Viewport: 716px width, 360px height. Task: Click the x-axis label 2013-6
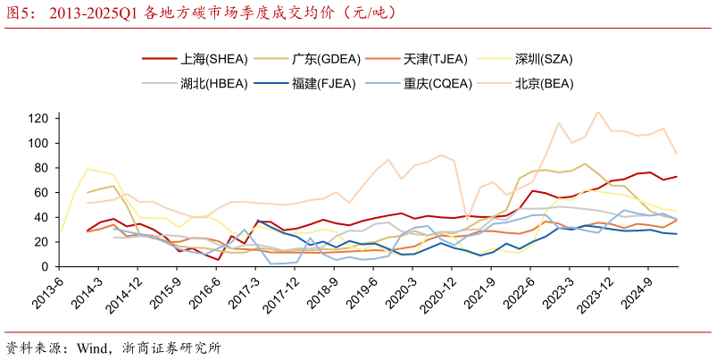coord(45,290)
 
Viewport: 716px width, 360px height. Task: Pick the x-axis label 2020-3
coord(394,290)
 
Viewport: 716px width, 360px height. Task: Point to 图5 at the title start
coord(20,13)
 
